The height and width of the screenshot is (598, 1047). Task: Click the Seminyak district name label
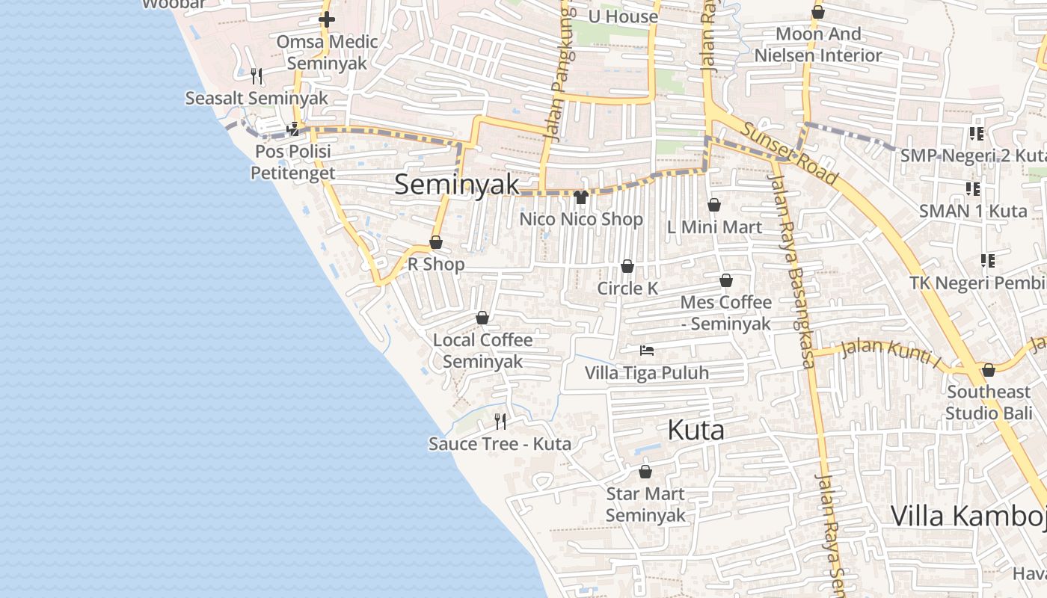456,184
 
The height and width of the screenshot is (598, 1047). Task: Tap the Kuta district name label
696,430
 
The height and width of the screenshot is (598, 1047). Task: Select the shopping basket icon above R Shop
436,242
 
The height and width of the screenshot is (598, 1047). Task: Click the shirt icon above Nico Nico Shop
581,197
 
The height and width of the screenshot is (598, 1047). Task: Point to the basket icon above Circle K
627,266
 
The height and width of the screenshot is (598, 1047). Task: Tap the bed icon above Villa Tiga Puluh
647,350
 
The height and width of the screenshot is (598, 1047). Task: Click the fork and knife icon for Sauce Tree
500,422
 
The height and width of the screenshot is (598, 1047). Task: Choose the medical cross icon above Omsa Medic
327,19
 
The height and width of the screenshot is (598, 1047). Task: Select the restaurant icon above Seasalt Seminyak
257,75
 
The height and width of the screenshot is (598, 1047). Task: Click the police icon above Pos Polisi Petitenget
293,129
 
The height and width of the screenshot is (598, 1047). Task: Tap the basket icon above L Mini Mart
714,205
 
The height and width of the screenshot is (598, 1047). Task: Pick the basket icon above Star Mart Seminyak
645,472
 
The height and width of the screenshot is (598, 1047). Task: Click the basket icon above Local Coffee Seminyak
482,318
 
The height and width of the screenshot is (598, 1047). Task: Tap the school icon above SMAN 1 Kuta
973,188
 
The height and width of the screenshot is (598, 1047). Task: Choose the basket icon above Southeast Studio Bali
989,370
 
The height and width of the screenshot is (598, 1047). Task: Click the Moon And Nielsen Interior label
818,45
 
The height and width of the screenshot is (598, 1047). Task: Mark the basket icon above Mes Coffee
726,280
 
